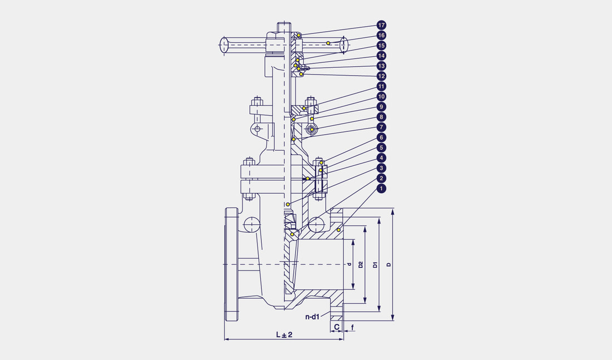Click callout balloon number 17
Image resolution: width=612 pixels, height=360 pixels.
(x=381, y=25)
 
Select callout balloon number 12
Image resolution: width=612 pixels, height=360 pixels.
(x=381, y=76)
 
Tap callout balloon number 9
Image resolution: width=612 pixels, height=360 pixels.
(x=381, y=107)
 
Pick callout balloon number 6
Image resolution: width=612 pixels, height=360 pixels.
(x=381, y=137)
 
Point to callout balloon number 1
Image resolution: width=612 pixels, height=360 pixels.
(x=381, y=189)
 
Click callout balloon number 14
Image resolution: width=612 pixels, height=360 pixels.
(x=381, y=56)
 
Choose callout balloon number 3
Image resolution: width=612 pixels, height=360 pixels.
(x=381, y=168)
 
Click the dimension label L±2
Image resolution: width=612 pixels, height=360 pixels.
(x=284, y=334)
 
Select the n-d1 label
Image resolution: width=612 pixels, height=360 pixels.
(x=312, y=317)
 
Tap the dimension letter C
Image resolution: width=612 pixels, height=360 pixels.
(x=337, y=327)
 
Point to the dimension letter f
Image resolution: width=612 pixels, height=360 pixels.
(x=352, y=327)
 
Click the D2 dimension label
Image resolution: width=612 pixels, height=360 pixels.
(x=361, y=264)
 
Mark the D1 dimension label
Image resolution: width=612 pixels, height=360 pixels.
(x=375, y=264)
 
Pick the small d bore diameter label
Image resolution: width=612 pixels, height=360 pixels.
(x=350, y=264)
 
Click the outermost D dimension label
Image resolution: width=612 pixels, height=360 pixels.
(x=389, y=264)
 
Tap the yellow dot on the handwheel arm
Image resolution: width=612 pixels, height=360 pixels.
(x=328, y=42)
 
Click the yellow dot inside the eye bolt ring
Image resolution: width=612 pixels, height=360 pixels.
(x=312, y=129)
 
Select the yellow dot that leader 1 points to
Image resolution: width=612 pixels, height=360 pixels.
(x=339, y=230)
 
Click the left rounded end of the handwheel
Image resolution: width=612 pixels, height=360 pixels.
(x=224, y=45)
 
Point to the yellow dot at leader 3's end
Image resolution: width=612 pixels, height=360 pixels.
(x=288, y=205)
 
